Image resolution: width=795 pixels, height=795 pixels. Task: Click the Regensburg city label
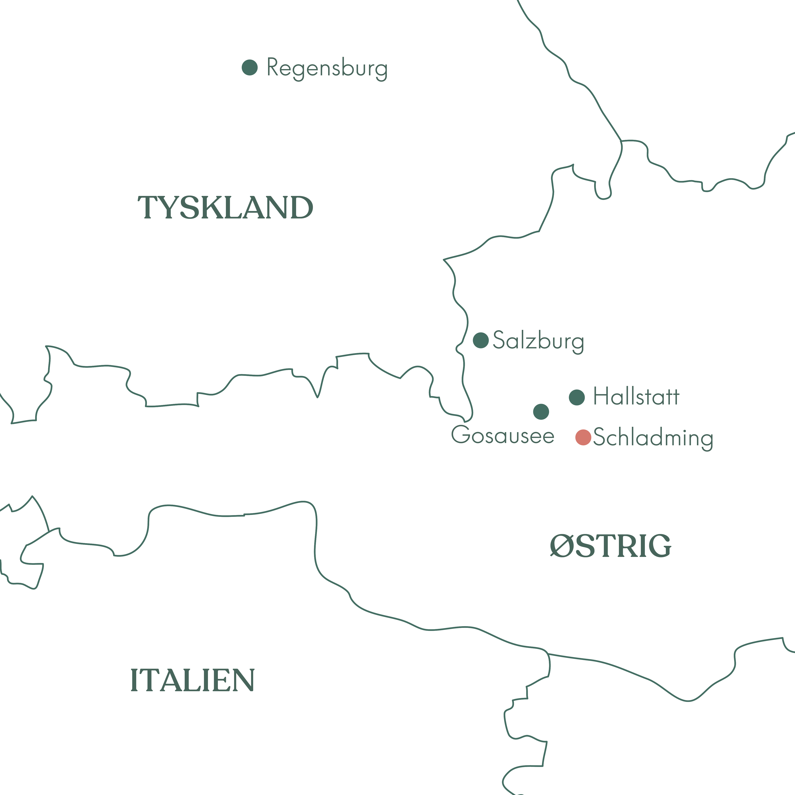pos(327,68)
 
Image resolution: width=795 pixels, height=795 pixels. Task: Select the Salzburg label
pos(538,341)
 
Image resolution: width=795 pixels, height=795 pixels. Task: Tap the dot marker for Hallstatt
pos(577,397)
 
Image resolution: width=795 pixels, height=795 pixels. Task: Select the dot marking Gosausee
pos(541,412)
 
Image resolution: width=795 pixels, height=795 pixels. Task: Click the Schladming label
pos(653,437)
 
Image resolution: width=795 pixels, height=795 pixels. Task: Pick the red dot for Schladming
pos(583,437)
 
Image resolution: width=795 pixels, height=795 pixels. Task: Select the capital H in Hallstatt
pos(601,396)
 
